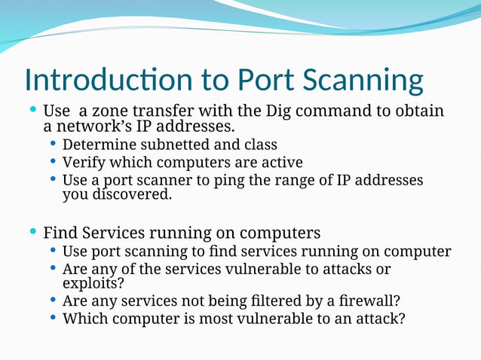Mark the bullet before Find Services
[32, 230]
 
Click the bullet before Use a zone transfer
[32, 109]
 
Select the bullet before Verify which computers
[53, 161]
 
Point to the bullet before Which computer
[53, 317]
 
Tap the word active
[280, 163]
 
